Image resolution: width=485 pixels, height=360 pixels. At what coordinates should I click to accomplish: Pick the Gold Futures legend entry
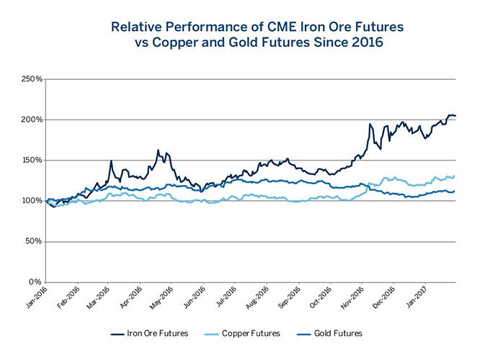click(332, 333)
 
